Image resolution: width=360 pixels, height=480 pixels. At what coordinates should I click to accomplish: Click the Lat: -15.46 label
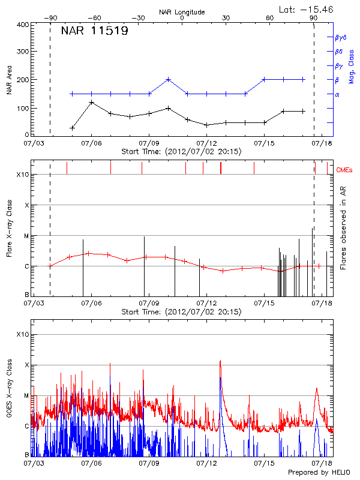point(307,9)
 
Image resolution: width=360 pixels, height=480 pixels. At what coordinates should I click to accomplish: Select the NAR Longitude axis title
point(182,12)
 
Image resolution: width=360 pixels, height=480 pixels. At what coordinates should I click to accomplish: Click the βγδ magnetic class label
point(340,37)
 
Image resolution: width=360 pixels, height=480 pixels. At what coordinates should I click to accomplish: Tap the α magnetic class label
point(337,94)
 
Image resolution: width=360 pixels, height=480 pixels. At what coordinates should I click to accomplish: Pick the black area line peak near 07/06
point(91,103)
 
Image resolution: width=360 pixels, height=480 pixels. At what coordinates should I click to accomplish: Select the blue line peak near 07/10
point(169,79)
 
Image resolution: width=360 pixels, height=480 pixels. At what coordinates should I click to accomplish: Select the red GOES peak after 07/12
point(220,361)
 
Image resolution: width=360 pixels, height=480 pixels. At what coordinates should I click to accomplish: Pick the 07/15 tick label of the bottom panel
point(264,463)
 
